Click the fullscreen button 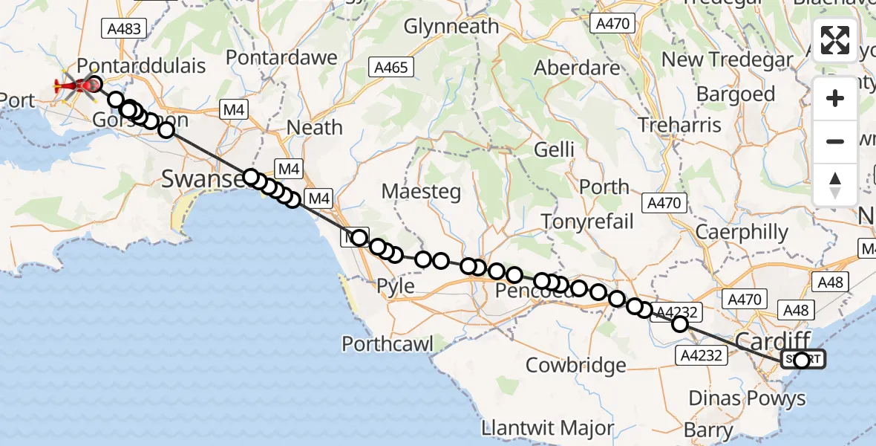835,41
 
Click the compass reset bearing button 835,185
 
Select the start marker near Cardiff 802,361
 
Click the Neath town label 314,127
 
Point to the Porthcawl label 388,343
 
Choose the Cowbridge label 575,366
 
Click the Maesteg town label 421,191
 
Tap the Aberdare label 578,68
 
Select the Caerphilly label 742,232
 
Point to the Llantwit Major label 547,429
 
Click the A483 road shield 123,29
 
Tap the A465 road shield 391,68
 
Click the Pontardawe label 281,57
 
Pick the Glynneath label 451,27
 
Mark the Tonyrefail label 587,221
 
